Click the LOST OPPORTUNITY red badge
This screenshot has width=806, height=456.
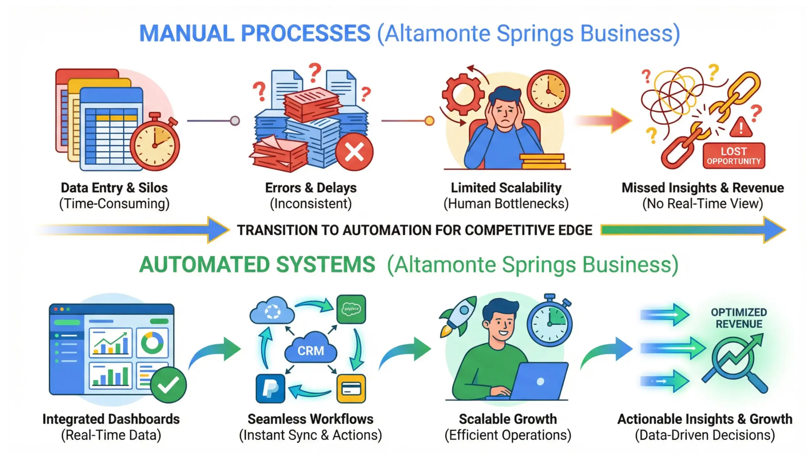coord(734,156)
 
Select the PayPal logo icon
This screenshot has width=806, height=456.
coord(270,389)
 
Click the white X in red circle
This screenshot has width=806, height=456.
coord(354,152)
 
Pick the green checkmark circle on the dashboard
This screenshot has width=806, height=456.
coord(168,385)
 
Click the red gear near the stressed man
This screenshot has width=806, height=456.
coord(463,93)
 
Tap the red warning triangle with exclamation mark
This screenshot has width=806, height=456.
coord(741,127)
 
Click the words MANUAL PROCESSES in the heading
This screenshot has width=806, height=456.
coord(254,33)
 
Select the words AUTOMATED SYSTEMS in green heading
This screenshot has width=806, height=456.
coord(257,265)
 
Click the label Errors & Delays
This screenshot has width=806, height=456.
coord(311,188)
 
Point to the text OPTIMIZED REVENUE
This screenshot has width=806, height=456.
coord(739,318)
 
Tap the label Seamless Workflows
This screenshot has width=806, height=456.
coord(310,419)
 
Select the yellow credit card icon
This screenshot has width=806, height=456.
coord(351,389)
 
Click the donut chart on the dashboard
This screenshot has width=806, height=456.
coord(152,343)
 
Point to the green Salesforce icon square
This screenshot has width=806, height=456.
coord(351,309)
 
